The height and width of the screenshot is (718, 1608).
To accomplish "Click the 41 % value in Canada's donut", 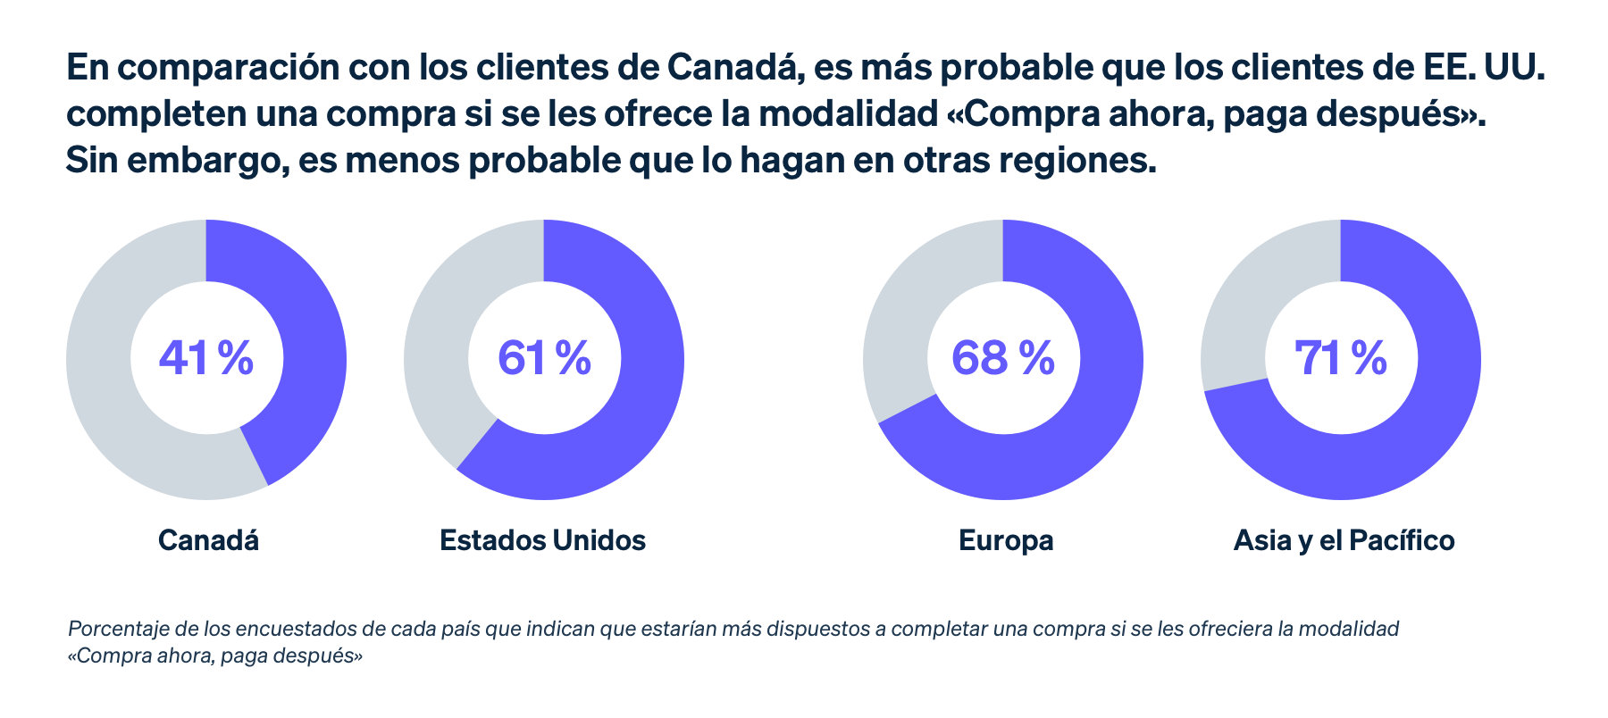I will tap(206, 358).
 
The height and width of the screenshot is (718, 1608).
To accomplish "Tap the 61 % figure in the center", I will tap(544, 358).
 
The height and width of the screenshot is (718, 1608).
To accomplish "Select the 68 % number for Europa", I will tap(1002, 358).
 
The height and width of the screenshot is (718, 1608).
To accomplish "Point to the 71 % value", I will tap(1340, 358).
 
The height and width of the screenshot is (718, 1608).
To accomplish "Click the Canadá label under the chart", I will tap(208, 540).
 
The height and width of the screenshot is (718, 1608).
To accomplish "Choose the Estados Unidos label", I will tap(542, 540).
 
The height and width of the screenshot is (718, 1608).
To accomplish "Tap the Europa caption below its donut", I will tap(1006, 540).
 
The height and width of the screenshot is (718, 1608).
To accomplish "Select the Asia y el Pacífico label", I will tap(1344, 540).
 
